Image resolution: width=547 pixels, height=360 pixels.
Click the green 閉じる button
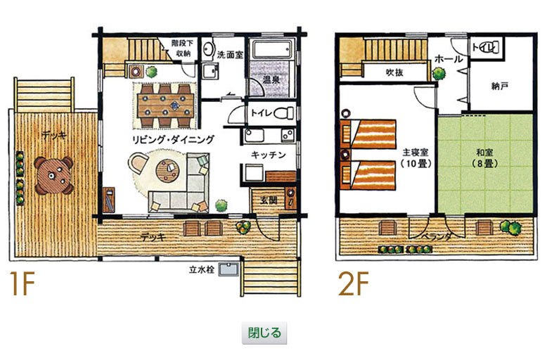[x=264, y=333]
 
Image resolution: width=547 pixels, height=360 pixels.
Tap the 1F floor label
[x=22, y=283]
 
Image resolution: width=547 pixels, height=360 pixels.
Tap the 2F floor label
[x=354, y=283]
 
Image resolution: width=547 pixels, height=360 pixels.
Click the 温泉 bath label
[x=271, y=79]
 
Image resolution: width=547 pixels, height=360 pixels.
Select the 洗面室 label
[x=230, y=54]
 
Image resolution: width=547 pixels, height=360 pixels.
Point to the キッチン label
[x=269, y=155]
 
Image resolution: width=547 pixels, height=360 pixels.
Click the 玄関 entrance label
[x=269, y=200]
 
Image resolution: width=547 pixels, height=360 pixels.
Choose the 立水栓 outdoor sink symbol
[x=229, y=269]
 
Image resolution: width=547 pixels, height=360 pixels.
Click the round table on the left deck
[x=53, y=176]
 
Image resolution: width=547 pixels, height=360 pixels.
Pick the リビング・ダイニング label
[x=173, y=139]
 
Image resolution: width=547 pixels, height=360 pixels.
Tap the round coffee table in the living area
[x=167, y=171]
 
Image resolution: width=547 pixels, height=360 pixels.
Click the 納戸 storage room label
[x=500, y=86]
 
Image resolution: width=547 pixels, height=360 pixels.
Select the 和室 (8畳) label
[x=485, y=157]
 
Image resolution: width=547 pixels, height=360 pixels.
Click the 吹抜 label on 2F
[x=394, y=72]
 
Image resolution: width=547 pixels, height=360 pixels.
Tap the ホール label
[x=449, y=59]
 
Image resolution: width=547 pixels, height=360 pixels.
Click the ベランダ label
[x=437, y=237]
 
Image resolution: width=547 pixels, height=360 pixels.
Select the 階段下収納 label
[x=182, y=48]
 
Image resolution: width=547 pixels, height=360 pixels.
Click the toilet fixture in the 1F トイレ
[x=284, y=112]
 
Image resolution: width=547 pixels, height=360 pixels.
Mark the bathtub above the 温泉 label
[x=273, y=50]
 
